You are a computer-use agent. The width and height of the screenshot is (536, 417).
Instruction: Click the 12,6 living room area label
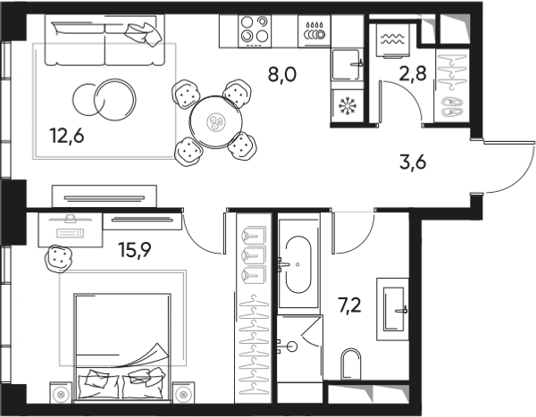(67, 136)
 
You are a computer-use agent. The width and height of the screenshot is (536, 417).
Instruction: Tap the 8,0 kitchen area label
(282, 74)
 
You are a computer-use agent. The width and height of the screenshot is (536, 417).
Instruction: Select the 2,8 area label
(413, 73)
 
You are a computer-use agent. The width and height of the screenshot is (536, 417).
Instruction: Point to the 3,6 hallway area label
(413, 162)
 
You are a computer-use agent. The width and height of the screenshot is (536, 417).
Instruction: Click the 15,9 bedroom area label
(134, 250)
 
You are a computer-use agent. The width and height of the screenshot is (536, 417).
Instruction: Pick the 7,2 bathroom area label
(349, 305)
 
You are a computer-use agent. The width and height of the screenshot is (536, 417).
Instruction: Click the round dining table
(216, 121)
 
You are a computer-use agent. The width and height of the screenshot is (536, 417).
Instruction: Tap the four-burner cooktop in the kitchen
(255, 31)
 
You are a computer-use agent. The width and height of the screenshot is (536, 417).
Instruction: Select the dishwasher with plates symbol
(314, 31)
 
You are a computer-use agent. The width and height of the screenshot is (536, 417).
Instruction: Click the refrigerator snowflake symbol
(348, 105)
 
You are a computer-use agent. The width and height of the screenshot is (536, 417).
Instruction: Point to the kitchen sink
(347, 64)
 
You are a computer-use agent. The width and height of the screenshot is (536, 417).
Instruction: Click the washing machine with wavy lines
(393, 40)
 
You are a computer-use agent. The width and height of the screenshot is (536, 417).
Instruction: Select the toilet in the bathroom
(351, 363)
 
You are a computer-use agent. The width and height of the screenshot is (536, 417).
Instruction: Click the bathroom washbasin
(393, 309)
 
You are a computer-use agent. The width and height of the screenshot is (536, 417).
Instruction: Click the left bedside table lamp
(62, 394)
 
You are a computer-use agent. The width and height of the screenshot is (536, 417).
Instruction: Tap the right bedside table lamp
(183, 394)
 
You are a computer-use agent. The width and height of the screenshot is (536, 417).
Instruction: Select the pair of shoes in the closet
(452, 106)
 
